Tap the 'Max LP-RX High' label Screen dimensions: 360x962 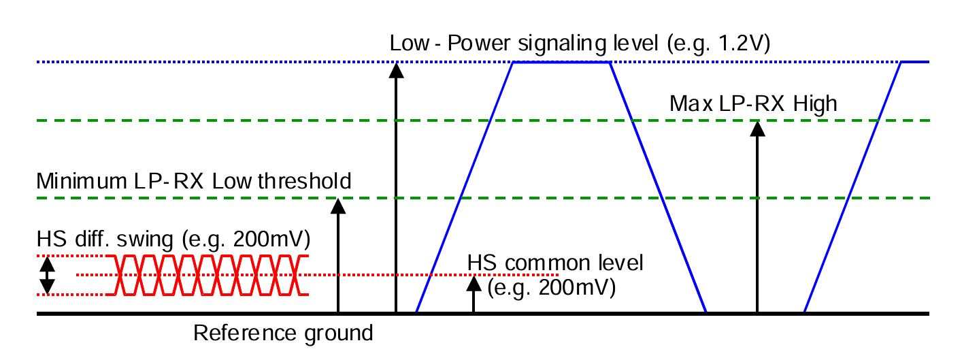click(753, 103)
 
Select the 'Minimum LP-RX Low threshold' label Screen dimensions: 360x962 click(194, 182)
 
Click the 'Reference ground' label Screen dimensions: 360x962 click(283, 333)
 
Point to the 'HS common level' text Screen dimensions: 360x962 click(554, 262)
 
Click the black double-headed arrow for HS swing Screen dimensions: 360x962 click(46, 275)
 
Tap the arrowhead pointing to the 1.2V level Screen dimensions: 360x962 click(395, 69)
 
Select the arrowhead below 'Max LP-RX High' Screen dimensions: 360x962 click(757, 127)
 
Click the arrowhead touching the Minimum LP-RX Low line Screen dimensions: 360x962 click(337, 204)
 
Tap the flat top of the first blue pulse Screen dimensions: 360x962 click(560, 62)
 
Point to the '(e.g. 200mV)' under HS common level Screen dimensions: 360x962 click(552, 287)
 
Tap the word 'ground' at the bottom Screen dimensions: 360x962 click(337, 333)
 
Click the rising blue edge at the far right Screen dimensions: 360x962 click(852, 187)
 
